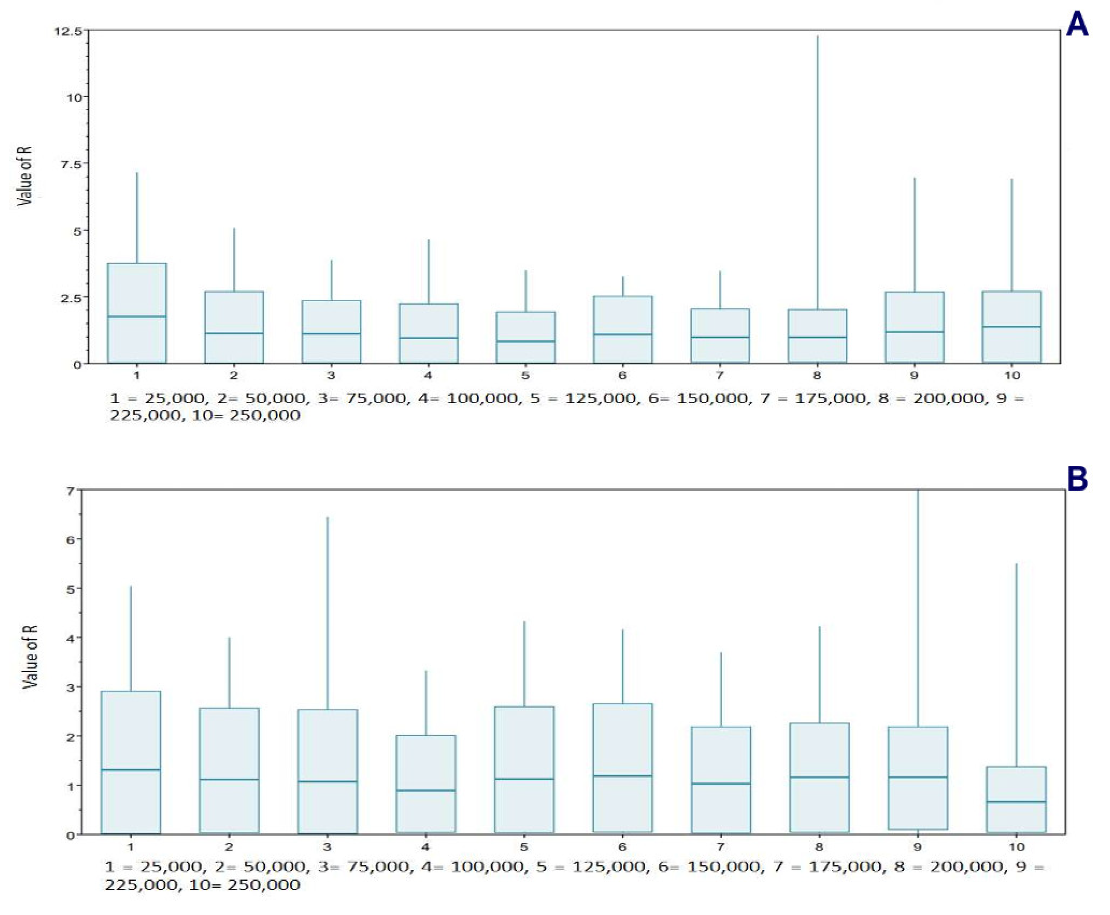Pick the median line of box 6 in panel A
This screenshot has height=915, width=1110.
(x=623, y=334)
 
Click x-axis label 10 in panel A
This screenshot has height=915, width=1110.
(x=1011, y=376)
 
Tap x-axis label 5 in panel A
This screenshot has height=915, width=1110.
(x=525, y=376)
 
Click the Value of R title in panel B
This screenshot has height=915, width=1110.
(x=30, y=656)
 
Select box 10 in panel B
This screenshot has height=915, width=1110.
(x=1016, y=799)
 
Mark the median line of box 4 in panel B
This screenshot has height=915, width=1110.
(x=426, y=790)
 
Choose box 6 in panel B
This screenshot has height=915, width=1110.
(x=623, y=767)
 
